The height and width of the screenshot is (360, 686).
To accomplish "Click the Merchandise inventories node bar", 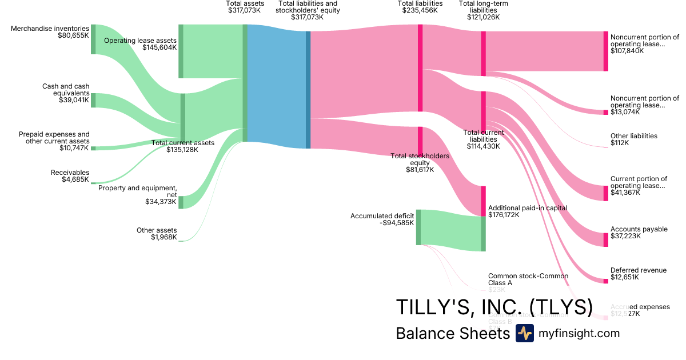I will [x=93, y=39].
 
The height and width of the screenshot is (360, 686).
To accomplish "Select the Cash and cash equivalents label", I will [x=66, y=90].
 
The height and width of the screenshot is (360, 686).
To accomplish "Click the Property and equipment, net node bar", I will [x=181, y=202].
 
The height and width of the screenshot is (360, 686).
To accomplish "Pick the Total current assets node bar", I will [x=183, y=117].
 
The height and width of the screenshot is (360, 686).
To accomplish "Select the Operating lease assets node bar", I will [x=181, y=51].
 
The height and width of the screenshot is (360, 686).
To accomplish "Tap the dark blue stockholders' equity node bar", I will [x=308, y=89].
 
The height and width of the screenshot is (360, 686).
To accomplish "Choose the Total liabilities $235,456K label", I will [x=420, y=7].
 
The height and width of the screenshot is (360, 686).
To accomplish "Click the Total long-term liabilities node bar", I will [x=483, y=53].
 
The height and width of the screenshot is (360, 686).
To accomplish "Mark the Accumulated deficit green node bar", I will [x=418, y=227].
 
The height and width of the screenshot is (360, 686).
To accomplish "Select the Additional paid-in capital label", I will [x=527, y=208].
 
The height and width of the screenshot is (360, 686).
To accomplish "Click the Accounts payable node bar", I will [x=606, y=239].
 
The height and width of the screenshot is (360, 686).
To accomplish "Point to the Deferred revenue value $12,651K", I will [x=625, y=278].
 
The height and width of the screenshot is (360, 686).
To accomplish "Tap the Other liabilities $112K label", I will [x=633, y=139].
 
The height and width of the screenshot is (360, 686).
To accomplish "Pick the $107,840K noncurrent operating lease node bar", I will [x=606, y=51].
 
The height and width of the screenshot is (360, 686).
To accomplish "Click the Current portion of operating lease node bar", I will [x=606, y=193].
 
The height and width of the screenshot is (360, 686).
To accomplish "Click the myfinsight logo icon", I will [x=524, y=333].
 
